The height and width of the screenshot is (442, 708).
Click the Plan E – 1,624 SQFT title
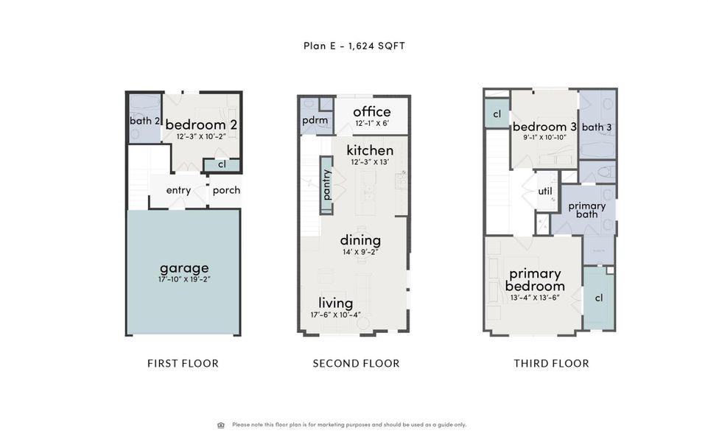click(x=354, y=46)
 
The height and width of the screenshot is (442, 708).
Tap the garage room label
click(x=184, y=267)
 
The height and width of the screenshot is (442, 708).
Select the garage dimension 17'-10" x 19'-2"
click(x=184, y=279)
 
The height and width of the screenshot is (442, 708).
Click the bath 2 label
click(x=145, y=121)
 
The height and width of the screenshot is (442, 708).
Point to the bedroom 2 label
click(x=200, y=124)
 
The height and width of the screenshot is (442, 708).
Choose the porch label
click(x=226, y=190)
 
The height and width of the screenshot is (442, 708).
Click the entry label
click(x=178, y=190)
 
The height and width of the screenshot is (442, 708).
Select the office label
click(x=371, y=112)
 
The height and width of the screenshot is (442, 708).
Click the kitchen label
click(x=370, y=150)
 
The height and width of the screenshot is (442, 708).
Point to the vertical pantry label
click(x=327, y=184)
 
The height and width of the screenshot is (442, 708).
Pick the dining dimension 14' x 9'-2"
click(x=360, y=252)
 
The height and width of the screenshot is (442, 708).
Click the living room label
click(x=335, y=303)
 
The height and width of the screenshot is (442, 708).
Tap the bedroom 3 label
click(x=544, y=127)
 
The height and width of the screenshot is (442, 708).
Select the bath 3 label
click(x=597, y=127)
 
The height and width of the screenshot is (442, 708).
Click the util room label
click(x=545, y=191)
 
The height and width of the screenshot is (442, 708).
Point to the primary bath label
click(x=586, y=210)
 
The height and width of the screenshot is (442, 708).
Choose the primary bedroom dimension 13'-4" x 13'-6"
click(x=535, y=298)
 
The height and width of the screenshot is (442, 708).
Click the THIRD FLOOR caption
click(x=551, y=363)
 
